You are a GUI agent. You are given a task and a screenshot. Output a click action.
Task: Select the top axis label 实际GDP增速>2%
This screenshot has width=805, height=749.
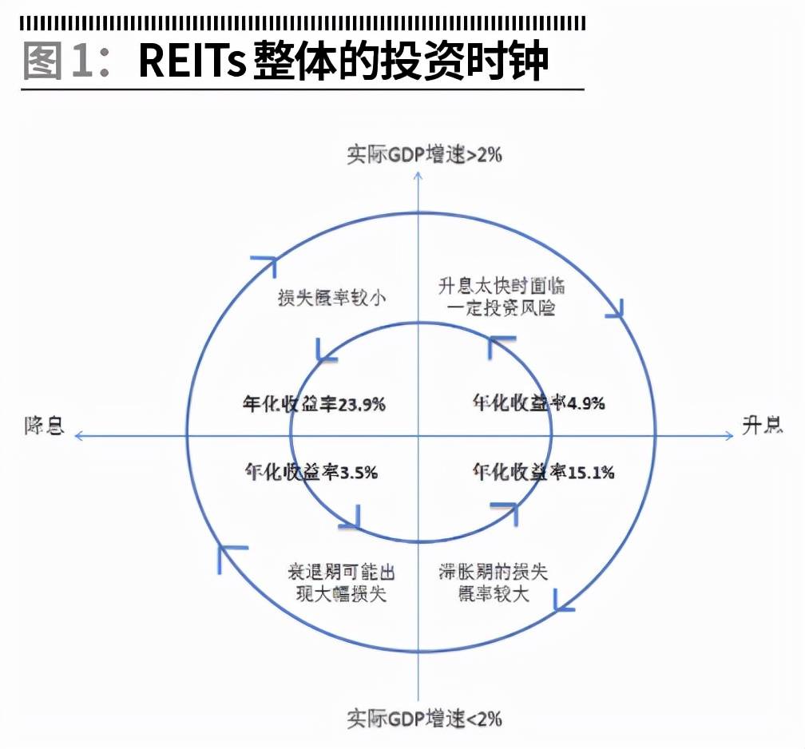(x=424, y=154)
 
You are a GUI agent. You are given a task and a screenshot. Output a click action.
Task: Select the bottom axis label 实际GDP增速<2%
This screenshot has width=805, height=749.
(x=424, y=718)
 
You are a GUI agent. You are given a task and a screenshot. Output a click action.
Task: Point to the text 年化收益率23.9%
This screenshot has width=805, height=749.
(x=314, y=404)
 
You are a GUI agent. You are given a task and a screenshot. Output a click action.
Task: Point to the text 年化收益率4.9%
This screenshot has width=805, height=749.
(x=538, y=402)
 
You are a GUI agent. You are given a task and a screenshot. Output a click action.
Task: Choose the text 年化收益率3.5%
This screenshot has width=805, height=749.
(x=311, y=472)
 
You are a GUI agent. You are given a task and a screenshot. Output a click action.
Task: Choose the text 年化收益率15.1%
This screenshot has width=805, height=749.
(x=543, y=472)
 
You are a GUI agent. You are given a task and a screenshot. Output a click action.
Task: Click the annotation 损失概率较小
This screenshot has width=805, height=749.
(x=331, y=299)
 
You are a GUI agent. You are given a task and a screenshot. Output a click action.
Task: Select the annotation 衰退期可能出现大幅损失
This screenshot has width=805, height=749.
(x=341, y=583)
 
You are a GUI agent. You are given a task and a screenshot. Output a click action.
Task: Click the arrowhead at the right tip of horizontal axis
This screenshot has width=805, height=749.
(x=728, y=435)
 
